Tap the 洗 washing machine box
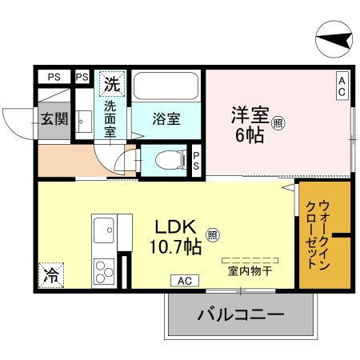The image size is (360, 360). pyautogui.click(x=111, y=82)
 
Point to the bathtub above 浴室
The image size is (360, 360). pyautogui.click(x=166, y=86)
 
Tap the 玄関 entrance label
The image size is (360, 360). pyautogui.click(x=54, y=119)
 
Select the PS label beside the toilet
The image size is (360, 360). pyautogui.click(x=196, y=159)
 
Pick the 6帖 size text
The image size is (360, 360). pyautogui.click(x=249, y=136)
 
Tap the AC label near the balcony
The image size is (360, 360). pyautogui.click(x=184, y=280)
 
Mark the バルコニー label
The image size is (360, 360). pyautogui.click(x=240, y=314)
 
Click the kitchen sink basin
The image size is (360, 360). pyautogui.click(x=105, y=232)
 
